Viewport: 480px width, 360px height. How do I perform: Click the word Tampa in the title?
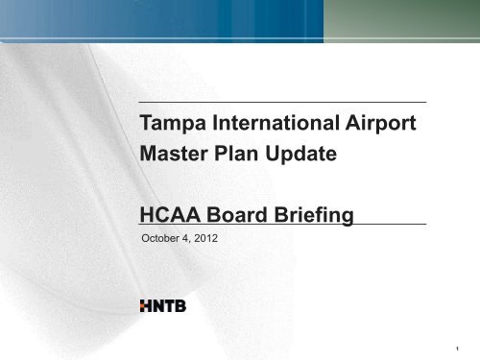(173, 123)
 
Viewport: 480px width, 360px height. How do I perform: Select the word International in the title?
(276, 123)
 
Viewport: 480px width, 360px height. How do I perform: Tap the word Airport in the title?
(380, 123)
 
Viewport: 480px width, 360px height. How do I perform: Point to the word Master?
(174, 154)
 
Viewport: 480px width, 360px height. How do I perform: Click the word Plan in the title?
(236, 154)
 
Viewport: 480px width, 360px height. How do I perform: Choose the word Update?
(300, 155)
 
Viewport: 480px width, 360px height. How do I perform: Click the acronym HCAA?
(170, 214)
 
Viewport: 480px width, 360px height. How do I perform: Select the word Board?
(236, 214)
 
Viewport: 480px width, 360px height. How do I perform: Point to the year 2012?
(205, 238)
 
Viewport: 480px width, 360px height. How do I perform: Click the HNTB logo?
(163, 306)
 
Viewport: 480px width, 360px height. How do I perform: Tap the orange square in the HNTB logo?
(142, 306)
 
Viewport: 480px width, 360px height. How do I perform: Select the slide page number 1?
(458, 348)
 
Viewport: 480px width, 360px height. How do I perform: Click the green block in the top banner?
(401, 20)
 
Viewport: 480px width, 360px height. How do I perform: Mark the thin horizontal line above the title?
(282, 102)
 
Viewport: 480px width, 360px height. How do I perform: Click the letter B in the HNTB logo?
(180, 306)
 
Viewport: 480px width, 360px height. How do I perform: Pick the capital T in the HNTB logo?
(170, 306)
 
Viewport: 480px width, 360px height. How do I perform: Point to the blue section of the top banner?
(161, 20)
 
